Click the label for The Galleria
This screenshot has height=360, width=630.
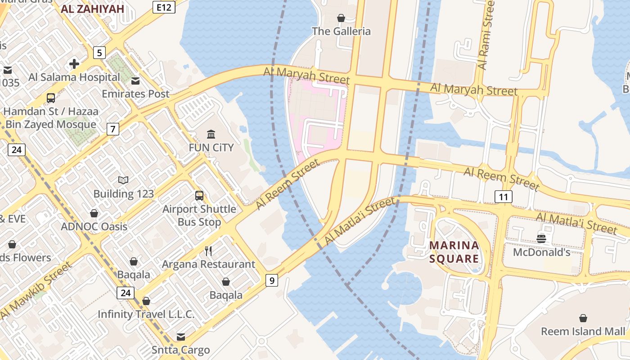(342, 31)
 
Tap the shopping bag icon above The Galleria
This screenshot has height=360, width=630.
(341, 18)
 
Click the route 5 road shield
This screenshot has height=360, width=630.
(99, 53)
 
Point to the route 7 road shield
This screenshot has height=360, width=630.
(113, 130)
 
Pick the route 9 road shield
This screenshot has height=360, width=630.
(271, 280)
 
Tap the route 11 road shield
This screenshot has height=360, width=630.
(503, 197)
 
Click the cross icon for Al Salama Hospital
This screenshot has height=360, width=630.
(74, 64)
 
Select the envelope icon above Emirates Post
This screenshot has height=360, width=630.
(135, 81)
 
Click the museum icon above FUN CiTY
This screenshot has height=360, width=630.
(211, 134)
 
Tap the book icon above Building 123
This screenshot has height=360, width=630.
(123, 180)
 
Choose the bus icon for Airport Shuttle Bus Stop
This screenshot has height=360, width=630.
(199, 196)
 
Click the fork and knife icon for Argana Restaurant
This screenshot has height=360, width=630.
(208, 251)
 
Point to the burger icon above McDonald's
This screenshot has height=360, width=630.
(541, 238)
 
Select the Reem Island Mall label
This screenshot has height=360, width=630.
(583, 332)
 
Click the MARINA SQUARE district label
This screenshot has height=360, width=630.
(454, 252)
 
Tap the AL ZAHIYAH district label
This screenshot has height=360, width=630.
(92, 9)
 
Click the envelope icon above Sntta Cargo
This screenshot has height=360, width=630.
(180, 337)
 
